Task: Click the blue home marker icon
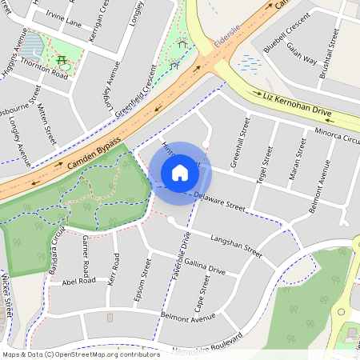pyautogui.click(x=180, y=173)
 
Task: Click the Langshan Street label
pyautogui.click(x=237, y=245)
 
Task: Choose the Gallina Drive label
pyautogui.click(x=203, y=266)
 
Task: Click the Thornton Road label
pyautogui.click(x=46, y=70)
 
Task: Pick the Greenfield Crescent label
pyautogui.click(x=141, y=89)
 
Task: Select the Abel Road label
pyautogui.click(x=78, y=281)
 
